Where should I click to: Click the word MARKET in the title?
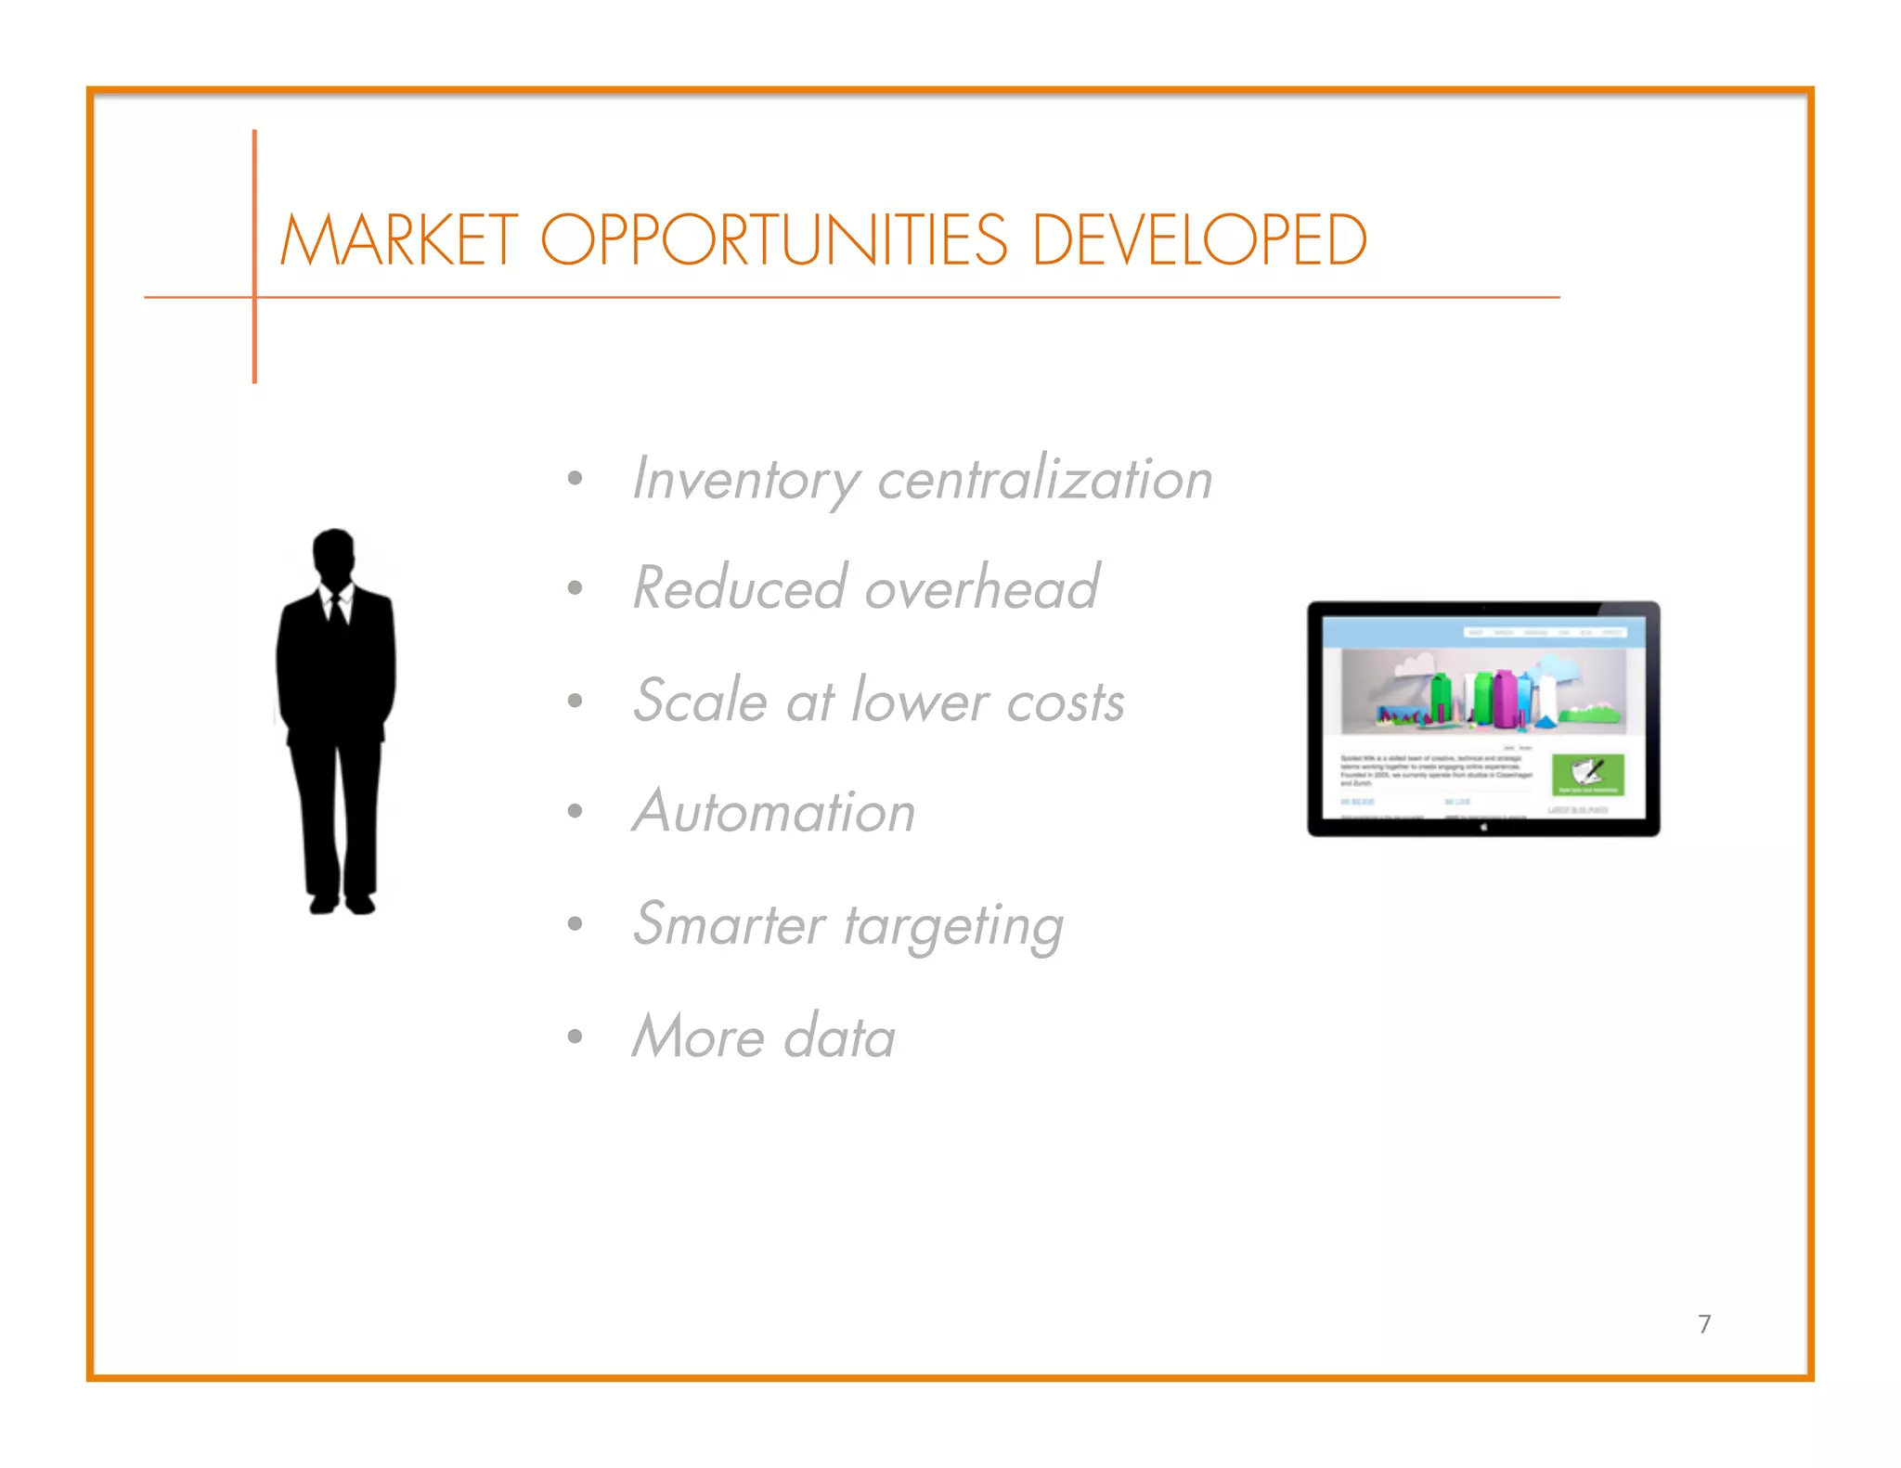coord(399,240)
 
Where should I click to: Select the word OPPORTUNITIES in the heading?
coord(774,240)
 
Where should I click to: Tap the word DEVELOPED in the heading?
coord(1198,240)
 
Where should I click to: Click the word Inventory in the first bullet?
coord(745,480)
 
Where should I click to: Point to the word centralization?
coord(1044,480)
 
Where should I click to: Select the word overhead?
coord(981,588)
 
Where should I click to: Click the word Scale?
coord(700,701)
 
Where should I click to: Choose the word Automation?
coord(774,812)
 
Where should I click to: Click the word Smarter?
coord(729,924)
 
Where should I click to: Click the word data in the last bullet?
coord(839,1037)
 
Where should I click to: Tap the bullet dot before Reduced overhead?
coord(575,588)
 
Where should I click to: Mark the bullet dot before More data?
coord(575,1036)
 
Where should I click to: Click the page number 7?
coord(1704,1324)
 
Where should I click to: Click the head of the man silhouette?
coord(333,554)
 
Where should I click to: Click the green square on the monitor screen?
coord(1588,774)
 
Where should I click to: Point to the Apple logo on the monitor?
coord(1483,827)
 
